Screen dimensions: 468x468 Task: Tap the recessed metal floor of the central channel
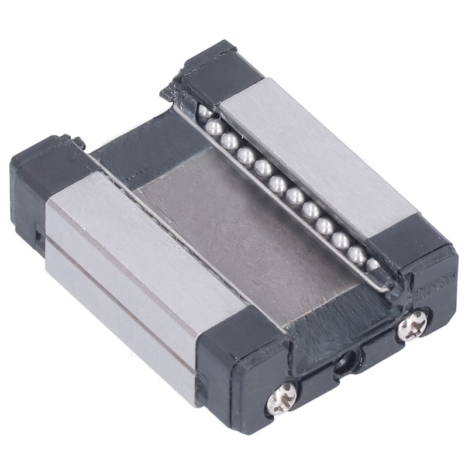246,234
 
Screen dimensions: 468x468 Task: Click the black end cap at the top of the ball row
211,70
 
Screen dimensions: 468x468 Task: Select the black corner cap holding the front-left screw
246,374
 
